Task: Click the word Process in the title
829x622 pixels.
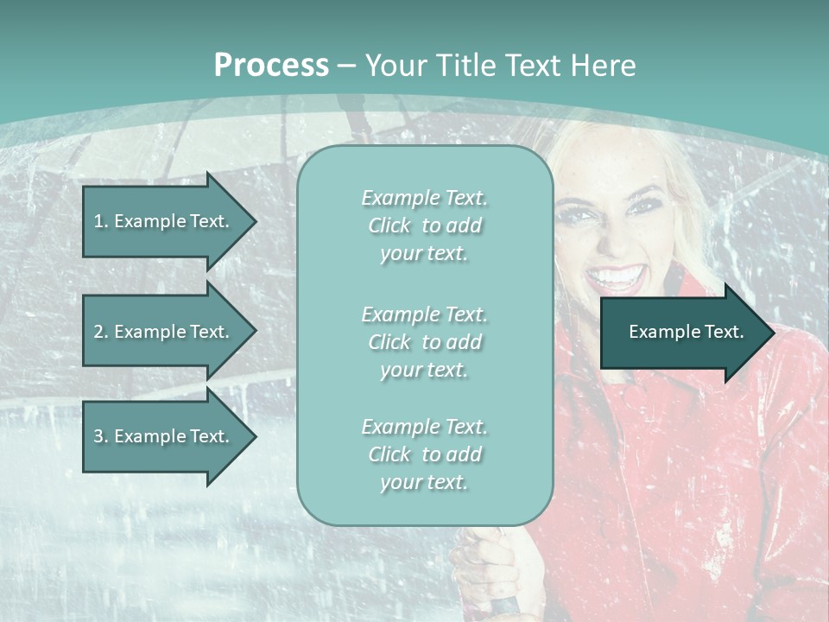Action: pyautogui.click(x=271, y=66)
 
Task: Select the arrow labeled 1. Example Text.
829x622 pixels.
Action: pyautogui.click(x=164, y=221)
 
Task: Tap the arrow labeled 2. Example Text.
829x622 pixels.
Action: pyautogui.click(x=164, y=332)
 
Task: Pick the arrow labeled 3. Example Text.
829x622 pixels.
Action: pyautogui.click(x=164, y=436)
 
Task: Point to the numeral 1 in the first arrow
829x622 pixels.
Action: pyautogui.click(x=98, y=221)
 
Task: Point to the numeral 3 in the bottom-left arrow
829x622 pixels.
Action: pyautogui.click(x=98, y=436)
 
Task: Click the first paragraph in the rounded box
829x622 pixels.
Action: pyautogui.click(x=424, y=225)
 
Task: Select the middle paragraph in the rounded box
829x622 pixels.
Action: pyautogui.click(x=424, y=342)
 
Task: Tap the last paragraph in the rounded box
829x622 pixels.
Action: pyautogui.click(x=424, y=454)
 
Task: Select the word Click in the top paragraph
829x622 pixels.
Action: pyautogui.click(x=389, y=225)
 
